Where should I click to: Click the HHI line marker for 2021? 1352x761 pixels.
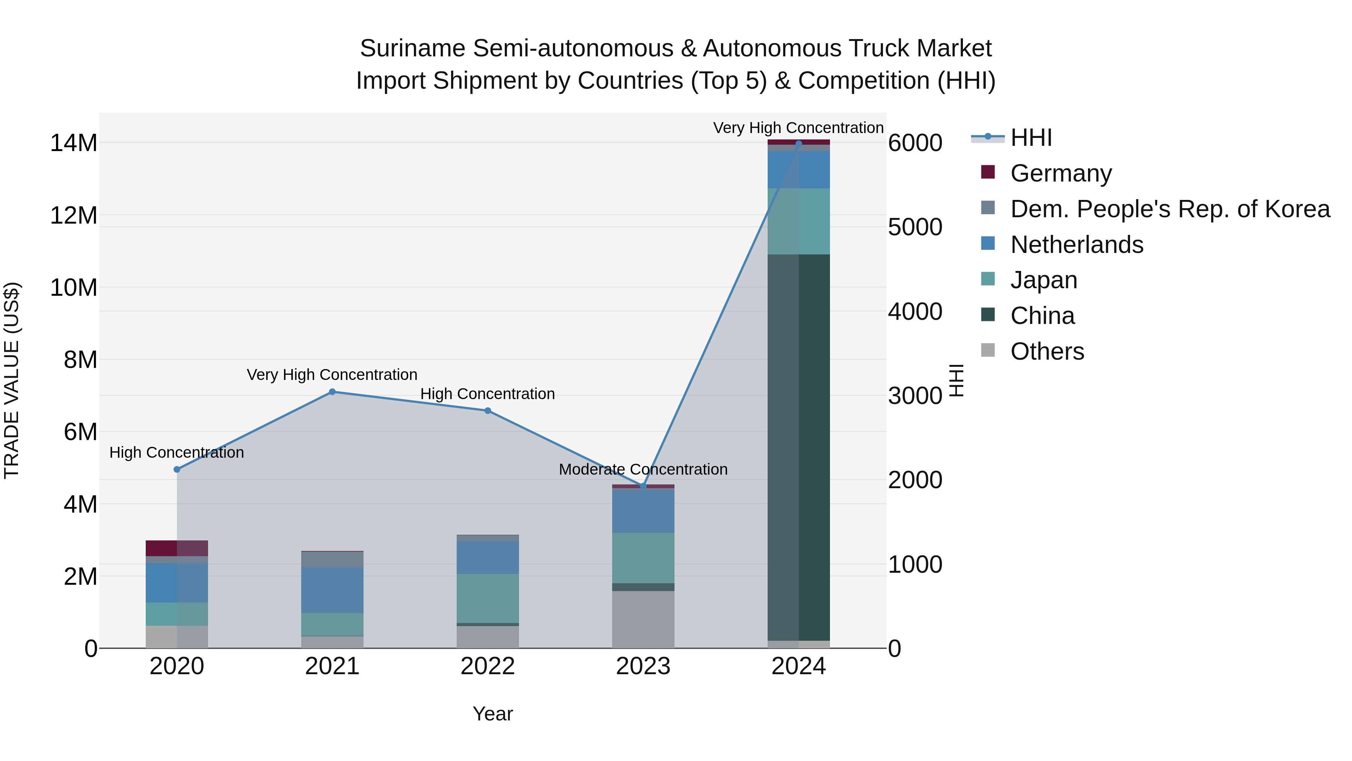pos(332,392)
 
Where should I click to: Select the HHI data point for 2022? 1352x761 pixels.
pos(487,411)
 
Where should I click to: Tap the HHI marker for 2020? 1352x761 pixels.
pos(177,469)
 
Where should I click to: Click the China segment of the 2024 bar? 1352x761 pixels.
pos(798,446)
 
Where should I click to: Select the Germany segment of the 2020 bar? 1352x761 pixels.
pos(177,548)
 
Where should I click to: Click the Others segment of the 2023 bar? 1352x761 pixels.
pos(643,619)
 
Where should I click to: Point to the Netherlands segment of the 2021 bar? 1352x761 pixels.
pos(332,589)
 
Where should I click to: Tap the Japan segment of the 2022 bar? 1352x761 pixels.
pos(487,598)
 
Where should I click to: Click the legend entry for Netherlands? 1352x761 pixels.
pos(1076,245)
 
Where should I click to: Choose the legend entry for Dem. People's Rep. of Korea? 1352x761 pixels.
pos(1169,209)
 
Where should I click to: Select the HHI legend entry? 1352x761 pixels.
pos(1031,138)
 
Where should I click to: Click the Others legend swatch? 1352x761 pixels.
pos(988,350)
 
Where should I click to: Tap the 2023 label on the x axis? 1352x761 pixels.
pos(643,666)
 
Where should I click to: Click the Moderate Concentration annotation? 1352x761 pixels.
pos(643,469)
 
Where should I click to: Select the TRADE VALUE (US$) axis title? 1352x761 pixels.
pos(12,380)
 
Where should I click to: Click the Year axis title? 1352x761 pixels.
pos(492,714)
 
